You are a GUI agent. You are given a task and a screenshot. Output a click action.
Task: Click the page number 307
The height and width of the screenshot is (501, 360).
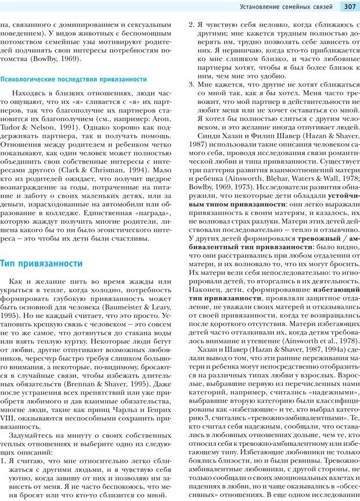[350, 7]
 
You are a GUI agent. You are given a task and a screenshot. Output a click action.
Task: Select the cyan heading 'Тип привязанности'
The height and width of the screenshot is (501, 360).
[41, 263]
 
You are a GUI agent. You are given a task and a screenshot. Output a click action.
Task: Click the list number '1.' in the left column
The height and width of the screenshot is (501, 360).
[5, 467]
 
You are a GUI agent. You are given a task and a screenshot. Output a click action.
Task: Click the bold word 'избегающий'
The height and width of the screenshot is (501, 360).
[335, 289]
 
